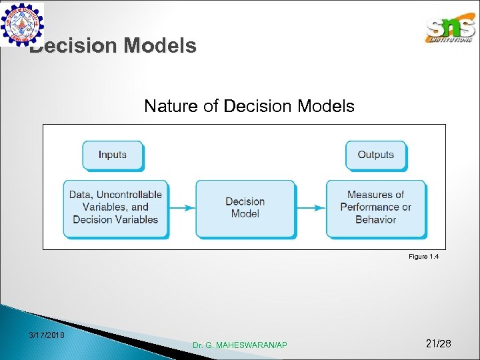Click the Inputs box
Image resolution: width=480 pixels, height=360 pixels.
112,155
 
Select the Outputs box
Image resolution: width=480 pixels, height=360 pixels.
376,155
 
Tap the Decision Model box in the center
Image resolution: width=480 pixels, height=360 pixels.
245,207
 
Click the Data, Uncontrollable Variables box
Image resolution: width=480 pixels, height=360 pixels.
115,207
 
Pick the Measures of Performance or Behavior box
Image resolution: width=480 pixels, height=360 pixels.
375,207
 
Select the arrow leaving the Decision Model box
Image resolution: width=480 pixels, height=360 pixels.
310,207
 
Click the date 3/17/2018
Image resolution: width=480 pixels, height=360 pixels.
47,335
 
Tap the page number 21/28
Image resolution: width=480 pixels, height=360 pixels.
438,343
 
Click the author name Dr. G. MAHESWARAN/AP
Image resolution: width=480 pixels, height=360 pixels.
240,345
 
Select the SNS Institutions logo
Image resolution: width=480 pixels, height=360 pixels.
451,29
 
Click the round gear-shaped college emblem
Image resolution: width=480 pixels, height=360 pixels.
22,24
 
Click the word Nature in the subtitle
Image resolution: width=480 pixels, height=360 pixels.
167,106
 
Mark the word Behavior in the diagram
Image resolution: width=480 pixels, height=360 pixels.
375,219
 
